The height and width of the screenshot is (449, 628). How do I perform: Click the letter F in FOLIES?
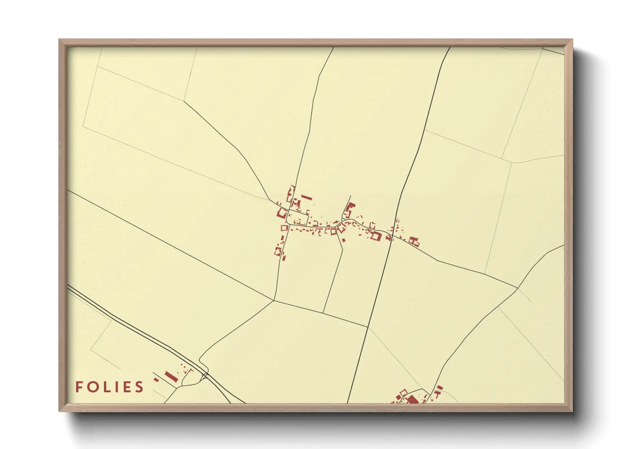click(79, 387)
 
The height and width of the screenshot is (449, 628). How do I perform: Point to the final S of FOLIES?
click(139, 387)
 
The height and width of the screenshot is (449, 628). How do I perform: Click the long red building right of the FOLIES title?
click(170, 376)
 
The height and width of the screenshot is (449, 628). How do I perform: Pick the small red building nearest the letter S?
click(156, 379)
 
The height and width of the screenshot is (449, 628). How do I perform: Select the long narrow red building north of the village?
click(306, 197)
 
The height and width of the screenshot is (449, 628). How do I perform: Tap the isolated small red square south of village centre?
click(343, 240)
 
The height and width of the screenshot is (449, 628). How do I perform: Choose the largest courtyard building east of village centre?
click(375, 235)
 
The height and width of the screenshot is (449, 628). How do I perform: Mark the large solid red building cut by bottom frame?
click(411, 399)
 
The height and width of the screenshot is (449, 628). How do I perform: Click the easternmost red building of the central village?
click(416, 243)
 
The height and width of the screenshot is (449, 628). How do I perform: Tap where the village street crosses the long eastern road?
click(391, 234)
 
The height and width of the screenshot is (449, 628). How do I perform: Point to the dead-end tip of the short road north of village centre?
click(350, 196)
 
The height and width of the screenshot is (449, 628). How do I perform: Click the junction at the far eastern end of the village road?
click(517, 288)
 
